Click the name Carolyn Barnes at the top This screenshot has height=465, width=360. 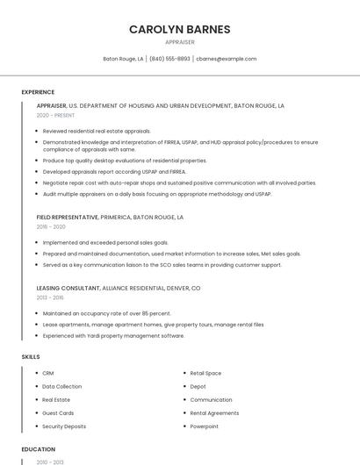point(179,29)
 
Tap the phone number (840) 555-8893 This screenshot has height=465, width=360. point(169,59)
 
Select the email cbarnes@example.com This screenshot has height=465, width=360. point(227,59)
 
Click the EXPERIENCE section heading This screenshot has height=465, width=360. point(38,92)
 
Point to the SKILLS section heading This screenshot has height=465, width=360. point(31,357)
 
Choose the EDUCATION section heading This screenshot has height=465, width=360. point(38,449)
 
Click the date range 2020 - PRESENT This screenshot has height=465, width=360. point(55,115)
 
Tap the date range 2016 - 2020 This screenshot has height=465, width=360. point(51,226)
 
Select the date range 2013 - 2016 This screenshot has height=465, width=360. point(51,297)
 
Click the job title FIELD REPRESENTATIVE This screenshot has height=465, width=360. point(67,216)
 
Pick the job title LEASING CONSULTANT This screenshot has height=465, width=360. point(68,288)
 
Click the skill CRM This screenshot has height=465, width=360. point(48,373)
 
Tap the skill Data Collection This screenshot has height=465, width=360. point(61,386)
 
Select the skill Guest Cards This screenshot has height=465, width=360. point(58,412)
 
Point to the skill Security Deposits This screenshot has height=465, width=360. point(64,426)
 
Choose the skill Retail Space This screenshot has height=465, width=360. point(205,373)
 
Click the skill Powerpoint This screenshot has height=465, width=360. point(205,426)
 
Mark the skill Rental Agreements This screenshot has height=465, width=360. point(214,412)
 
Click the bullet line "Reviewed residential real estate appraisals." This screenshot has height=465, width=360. point(97,131)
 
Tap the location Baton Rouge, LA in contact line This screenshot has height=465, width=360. point(123,59)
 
